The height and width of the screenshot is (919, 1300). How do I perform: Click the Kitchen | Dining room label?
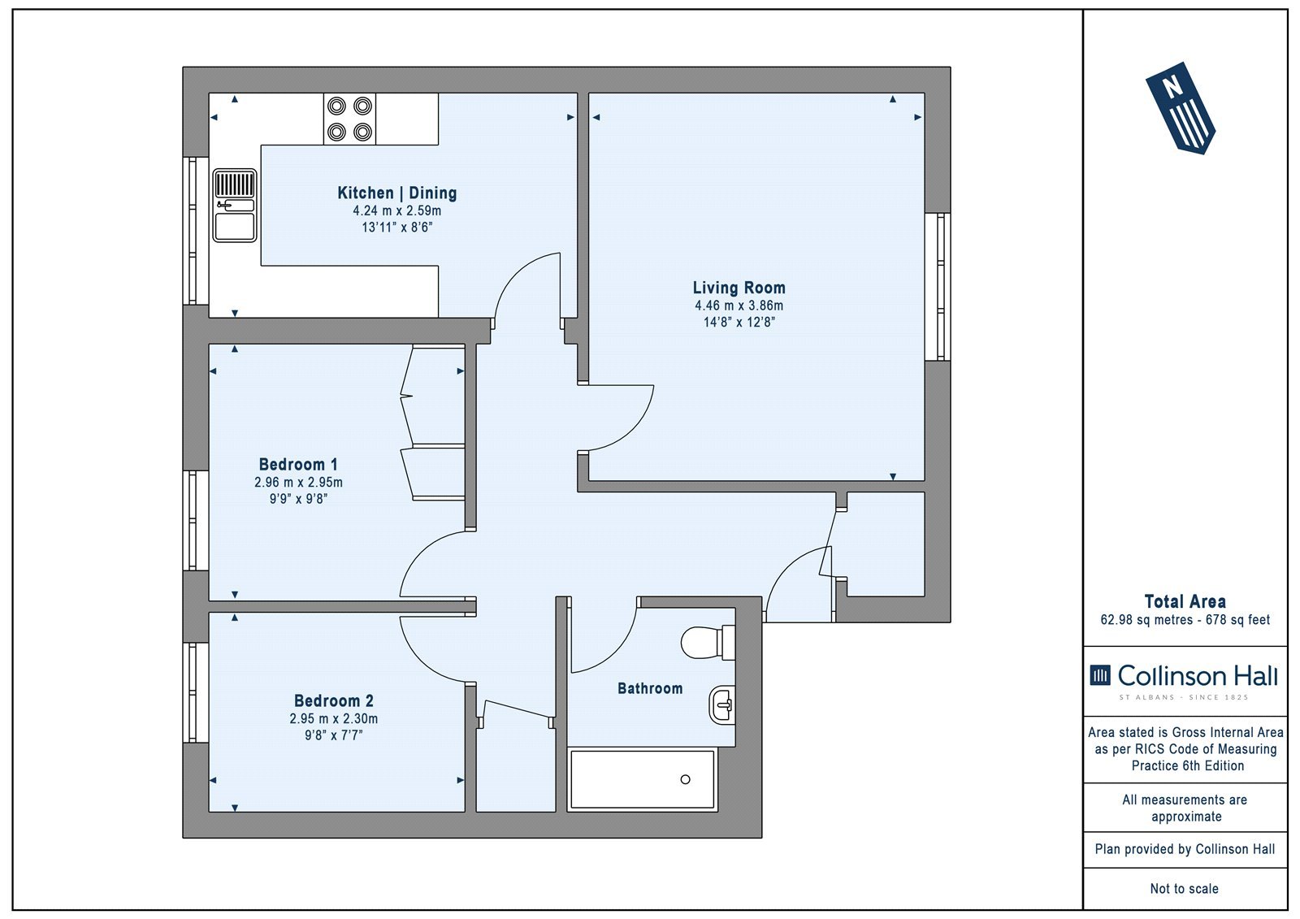pyautogui.click(x=397, y=193)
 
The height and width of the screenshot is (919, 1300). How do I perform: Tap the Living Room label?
pyautogui.click(x=739, y=288)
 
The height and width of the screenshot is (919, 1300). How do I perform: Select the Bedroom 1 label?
pyautogui.click(x=298, y=465)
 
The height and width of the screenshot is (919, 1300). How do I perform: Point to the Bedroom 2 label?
pyautogui.click(x=334, y=700)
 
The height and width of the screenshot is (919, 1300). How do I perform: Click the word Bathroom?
pyautogui.click(x=650, y=688)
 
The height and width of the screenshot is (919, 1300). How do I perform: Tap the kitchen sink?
pyautogui.click(x=235, y=206)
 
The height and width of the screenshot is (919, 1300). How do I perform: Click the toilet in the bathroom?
pyautogui.click(x=708, y=643)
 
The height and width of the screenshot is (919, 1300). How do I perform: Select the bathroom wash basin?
pyautogui.click(x=722, y=704)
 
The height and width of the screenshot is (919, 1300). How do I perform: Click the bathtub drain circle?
pyautogui.click(x=686, y=780)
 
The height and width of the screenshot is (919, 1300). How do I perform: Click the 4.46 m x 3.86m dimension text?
pyautogui.click(x=739, y=306)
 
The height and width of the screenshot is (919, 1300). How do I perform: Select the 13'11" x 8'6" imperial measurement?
pyautogui.click(x=397, y=227)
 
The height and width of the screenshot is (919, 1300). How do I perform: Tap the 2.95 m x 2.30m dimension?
pyautogui.click(x=334, y=719)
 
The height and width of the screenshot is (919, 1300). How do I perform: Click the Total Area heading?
pyautogui.click(x=1185, y=601)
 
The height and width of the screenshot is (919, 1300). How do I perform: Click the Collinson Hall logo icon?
pyautogui.click(x=1100, y=675)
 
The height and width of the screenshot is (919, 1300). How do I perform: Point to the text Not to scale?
pyautogui.click(x=1185, y=889)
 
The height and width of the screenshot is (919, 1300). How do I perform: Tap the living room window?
pyautogui.click(x=938, y=287)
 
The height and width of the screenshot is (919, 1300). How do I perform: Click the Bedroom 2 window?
pyautogui.click(x=196, y=692)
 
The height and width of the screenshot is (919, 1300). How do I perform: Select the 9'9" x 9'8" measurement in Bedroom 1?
pyautogui.click(x=298, y=499)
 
